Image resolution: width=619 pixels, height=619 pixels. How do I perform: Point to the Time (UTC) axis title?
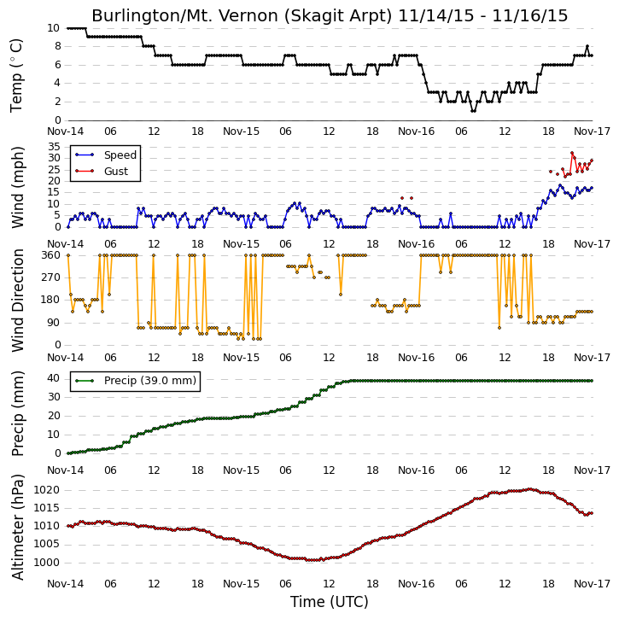pos(330,602)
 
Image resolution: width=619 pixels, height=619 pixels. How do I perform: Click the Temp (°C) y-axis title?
pos(16,75)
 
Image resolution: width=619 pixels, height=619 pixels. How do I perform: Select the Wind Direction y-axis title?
pos(18,300)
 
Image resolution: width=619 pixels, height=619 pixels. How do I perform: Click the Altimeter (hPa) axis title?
pos(18,527)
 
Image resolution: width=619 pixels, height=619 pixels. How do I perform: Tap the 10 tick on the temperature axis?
pos(53,28)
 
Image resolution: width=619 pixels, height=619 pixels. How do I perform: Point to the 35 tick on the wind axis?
pos(54,147)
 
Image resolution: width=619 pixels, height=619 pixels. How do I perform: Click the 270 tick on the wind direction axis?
pos(51,277)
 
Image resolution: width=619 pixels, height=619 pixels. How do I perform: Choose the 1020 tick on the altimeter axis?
pos(47,490)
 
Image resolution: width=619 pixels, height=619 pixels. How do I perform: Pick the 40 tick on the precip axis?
pos(54,378)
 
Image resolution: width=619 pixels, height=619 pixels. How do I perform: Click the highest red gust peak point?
pos(572,153)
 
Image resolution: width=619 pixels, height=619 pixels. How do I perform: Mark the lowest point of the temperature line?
pos(473,111)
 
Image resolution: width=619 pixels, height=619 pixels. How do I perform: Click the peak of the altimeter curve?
pos(530,489)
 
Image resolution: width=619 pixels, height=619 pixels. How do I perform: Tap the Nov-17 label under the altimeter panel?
pos(592,583)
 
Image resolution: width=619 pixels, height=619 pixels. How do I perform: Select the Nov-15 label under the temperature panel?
pos(242,131)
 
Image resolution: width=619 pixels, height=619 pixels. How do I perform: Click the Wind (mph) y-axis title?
pos(18,187)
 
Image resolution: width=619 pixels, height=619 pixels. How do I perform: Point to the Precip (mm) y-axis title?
pos(18,414)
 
